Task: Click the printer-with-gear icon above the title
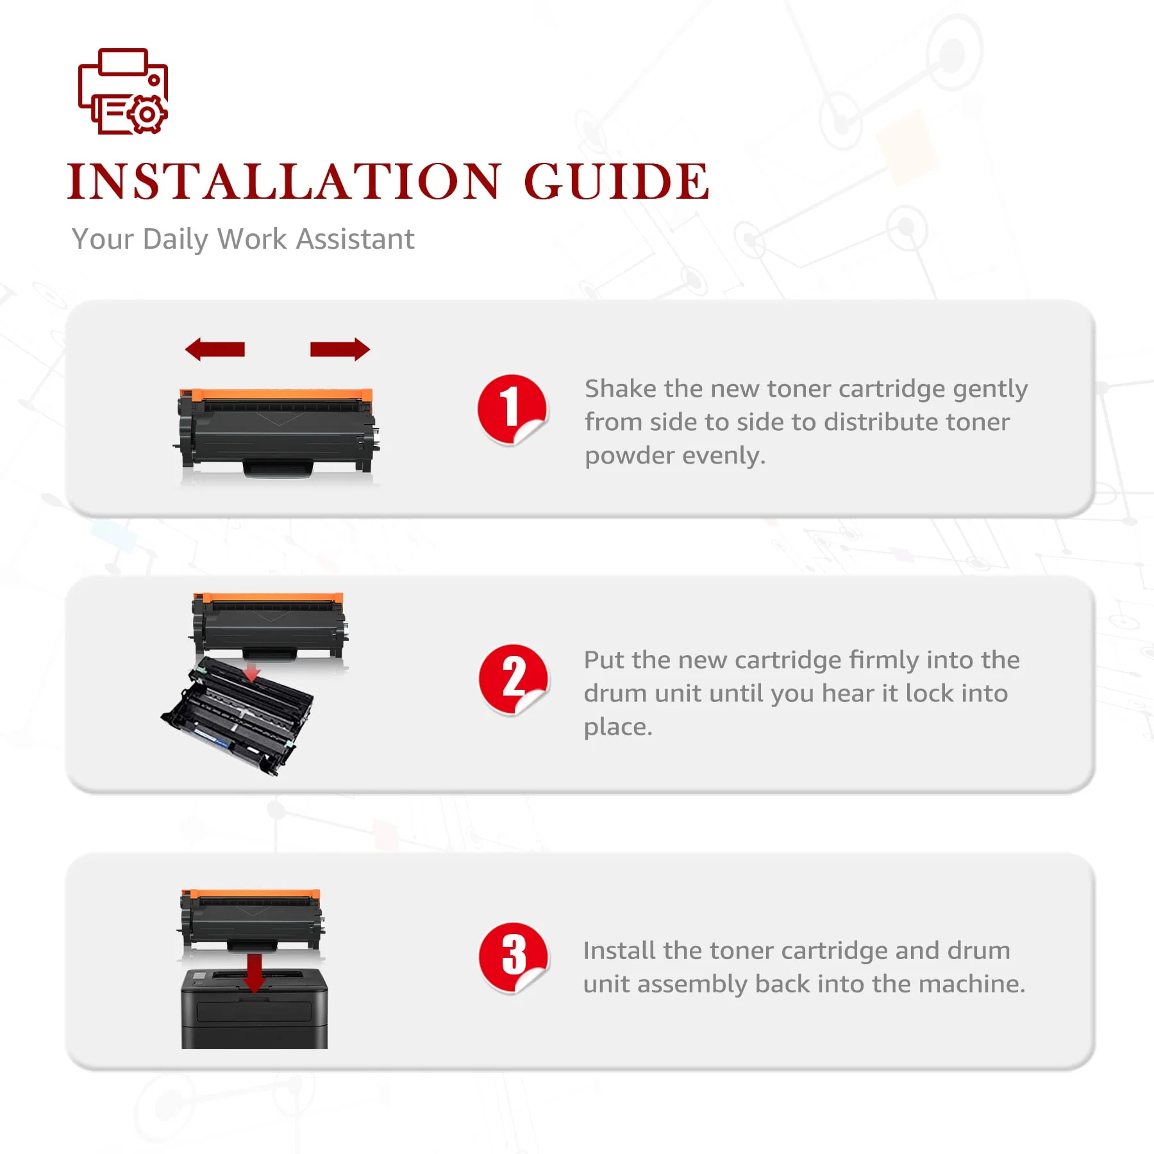pyautogui.click(x=122, y=92)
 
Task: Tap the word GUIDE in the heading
pyautogui.click(x=617, y=181)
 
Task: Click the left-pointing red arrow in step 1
pyautogui.click(x=215, y=349)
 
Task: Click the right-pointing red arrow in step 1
pyautogui.click(x=340, y=349)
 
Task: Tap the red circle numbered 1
pyautogui.click(x=512, y=410)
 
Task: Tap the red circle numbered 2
pyautogui.click(x=513, y=680)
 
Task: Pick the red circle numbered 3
pyautogui.click(x=513, y=957)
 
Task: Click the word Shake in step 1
pyautogui.click(x=620, y=389)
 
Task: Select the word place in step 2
pyautogui.click(x=617, y=728)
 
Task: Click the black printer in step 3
pyautogui.click(x=255, y=1008)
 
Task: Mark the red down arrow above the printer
pyautogui.click(x=255, y=973)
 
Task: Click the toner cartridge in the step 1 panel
pyautogui.click(x=277, y=431)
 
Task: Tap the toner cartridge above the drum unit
pyautogui.click(x=269, y=626)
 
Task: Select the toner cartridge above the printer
pyautogui.click(x=252, y=921)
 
